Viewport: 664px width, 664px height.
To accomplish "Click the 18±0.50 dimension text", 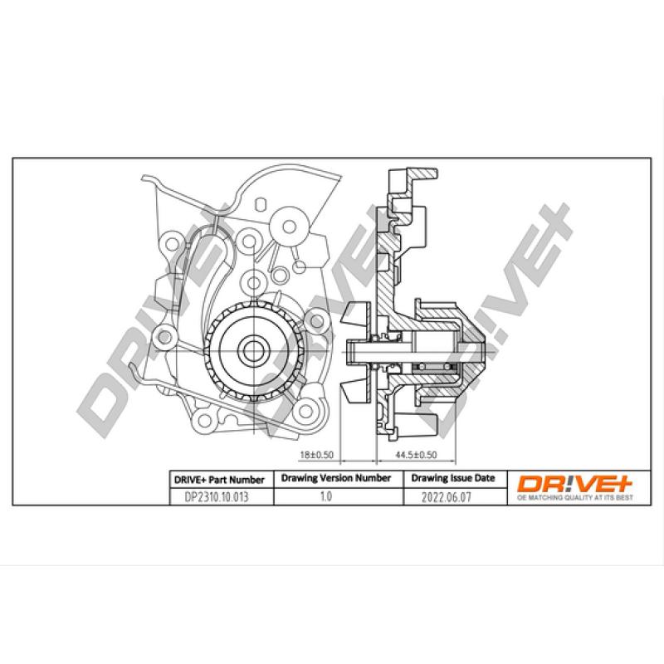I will pos(315,456).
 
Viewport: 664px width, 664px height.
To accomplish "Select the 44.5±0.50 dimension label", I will pos(416,456).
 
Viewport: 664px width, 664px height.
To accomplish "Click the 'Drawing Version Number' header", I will pos(335,479).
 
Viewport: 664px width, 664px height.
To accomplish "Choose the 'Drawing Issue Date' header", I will pos(453,479).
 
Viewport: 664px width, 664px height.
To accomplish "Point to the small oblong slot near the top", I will pos(259,205).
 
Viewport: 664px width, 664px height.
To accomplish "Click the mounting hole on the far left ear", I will pos(159,336).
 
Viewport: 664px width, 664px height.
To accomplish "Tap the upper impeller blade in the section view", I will pos(355,314).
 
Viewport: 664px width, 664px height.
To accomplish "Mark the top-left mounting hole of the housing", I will pos(172,242).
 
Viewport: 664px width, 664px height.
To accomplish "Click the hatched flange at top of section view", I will pos(419,173).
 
